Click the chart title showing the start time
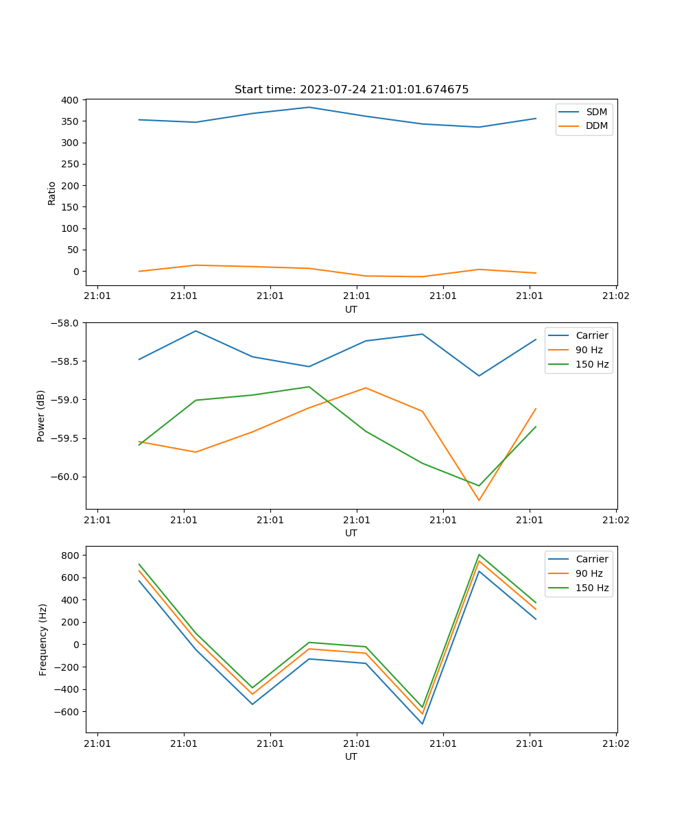point(351,90)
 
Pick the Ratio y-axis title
point(52,193)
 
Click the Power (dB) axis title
point(41,416)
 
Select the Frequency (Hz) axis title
point(43,639)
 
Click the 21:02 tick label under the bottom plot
point(615,743)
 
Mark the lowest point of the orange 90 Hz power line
point(479,500)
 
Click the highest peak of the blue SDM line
point(309,107)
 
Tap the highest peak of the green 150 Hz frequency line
point(479,554)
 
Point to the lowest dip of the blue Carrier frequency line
point(422,724)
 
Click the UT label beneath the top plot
point(351,309)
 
